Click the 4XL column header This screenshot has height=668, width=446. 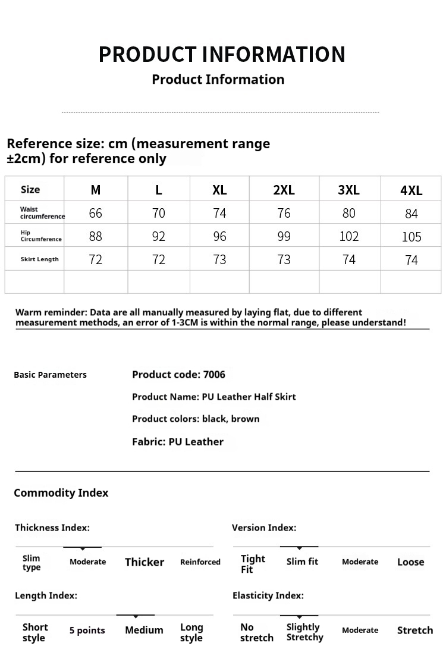coord(411,190)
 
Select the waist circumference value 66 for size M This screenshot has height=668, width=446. coord(95,213)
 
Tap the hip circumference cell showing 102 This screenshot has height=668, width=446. coord(349,236)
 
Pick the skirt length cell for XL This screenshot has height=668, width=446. coord(219,259)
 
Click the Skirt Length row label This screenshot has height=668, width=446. coord(40,259)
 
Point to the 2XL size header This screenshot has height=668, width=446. coord(284,190)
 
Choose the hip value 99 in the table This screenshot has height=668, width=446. coord(284,236)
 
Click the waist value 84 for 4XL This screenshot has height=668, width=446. coord(411,214)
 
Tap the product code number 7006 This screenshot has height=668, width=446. coord(214,375)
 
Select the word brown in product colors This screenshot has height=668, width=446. coord(245,419)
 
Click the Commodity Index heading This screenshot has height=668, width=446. coord(61,493)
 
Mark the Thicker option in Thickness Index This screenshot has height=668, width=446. coord(145,562)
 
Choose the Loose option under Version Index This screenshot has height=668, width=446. coord(410,562)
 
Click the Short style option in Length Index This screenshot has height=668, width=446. coord(35,632)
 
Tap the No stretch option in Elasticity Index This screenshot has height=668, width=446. coord(256,632)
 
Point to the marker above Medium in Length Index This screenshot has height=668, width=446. coord(136,616)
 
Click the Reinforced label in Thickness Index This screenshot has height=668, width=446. coord(200,562)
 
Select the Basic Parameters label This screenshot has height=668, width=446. coord(50,375)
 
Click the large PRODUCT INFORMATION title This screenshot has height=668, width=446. coord(222,54)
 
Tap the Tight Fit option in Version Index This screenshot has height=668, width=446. coord(253,564)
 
